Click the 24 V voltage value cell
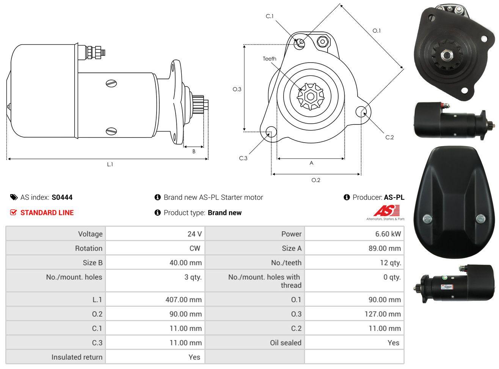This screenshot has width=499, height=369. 195,234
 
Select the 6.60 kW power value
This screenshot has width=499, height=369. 388,234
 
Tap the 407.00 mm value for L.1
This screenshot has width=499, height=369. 184,300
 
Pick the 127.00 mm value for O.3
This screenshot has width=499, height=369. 383,314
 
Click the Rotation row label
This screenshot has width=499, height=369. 89,248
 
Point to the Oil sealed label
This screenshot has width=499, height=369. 286,343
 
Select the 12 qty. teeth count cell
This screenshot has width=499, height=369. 390,263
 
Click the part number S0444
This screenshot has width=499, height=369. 62,197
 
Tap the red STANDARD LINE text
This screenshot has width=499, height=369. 47,213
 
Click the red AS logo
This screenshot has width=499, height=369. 387,210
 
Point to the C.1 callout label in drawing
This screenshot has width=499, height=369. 270,16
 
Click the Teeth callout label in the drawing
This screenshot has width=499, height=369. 270,59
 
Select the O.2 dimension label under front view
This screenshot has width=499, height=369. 316,180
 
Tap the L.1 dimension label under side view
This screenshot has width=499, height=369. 110,165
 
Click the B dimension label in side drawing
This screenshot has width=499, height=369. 194,151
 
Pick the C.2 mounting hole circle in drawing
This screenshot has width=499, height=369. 361,111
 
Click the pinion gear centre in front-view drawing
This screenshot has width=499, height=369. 311,97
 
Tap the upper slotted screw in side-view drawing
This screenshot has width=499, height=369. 111,83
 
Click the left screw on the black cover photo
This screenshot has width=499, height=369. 427,219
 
